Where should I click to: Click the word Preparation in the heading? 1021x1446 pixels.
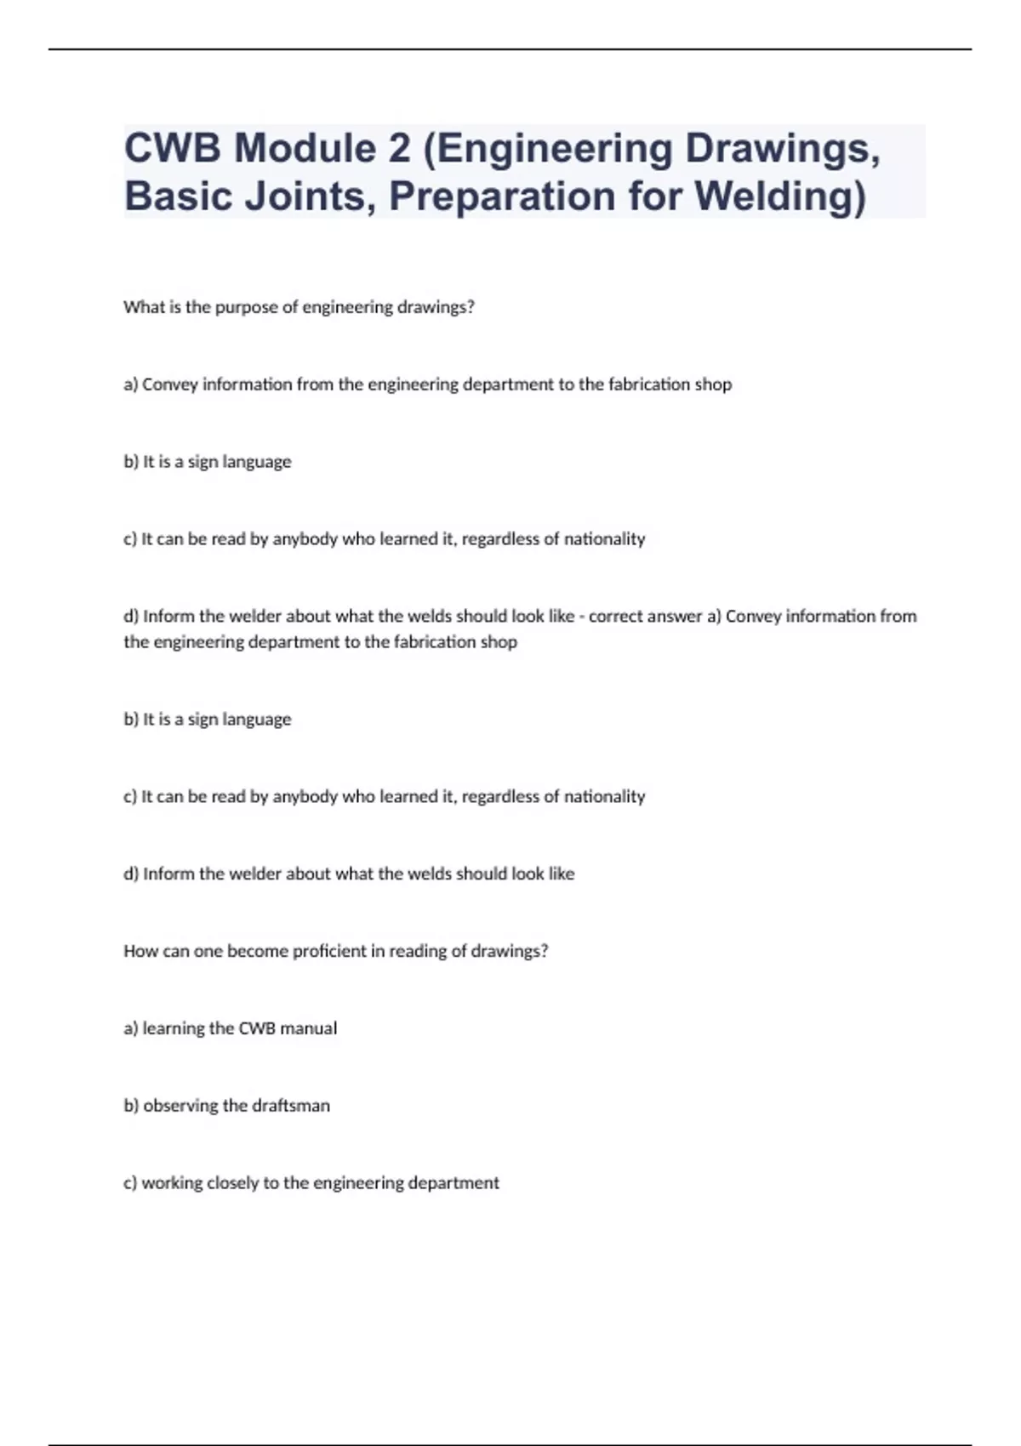pyautogui.click(x=502, y=196)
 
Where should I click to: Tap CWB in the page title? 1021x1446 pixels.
pyautogui.click(x=172, y=149)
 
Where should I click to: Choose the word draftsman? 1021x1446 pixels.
pyautogui.click(x=291, y=1106)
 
